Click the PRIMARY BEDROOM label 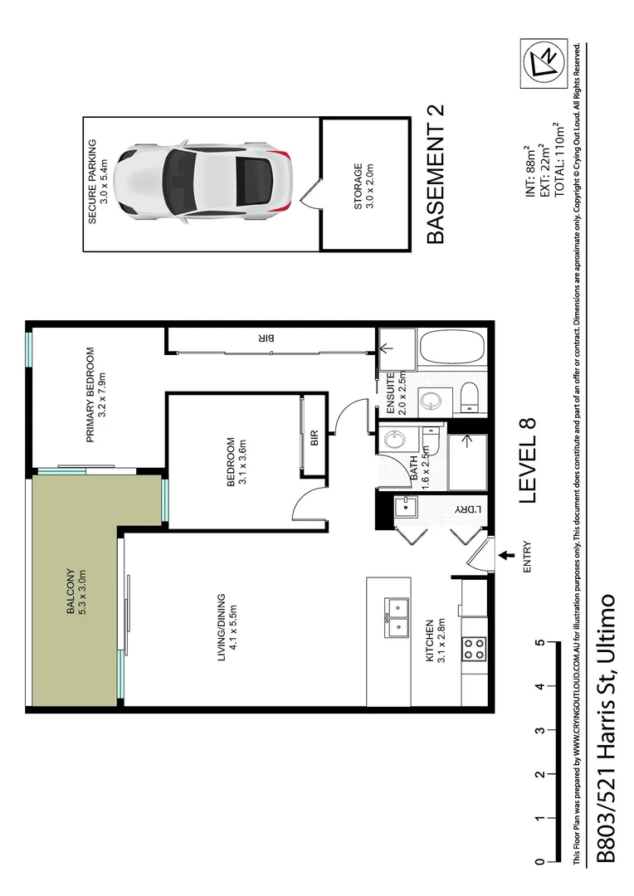pos(96,393)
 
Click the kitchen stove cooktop pos(474,648)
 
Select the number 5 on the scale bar pos(540,643)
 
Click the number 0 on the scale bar pos(540,862)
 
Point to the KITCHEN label pos(436,643)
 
